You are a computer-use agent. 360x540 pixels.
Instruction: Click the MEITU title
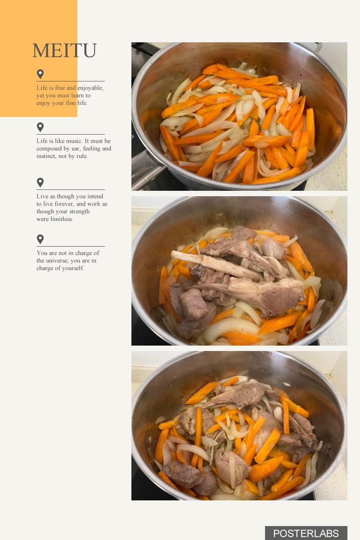[64, 50]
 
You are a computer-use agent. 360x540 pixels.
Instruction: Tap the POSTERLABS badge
[306, 533]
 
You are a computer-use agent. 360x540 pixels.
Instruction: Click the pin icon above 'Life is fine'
[40, 74]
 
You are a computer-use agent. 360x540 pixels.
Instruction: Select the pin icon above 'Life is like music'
[40, 127]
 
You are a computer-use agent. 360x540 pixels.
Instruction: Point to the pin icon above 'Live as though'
[40, 183]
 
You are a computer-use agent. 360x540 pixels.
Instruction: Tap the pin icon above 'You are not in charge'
[40, 239]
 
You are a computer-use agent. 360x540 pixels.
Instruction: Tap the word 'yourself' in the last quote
[74, 268]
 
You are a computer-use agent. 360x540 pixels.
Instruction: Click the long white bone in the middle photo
[216, 265]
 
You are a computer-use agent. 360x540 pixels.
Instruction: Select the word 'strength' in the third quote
[79, 211]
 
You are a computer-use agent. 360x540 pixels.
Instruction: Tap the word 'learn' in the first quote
[77, 95]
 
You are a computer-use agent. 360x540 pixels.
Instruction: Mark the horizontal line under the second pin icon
[71, 134]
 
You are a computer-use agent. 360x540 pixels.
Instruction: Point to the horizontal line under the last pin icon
[71, 247]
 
